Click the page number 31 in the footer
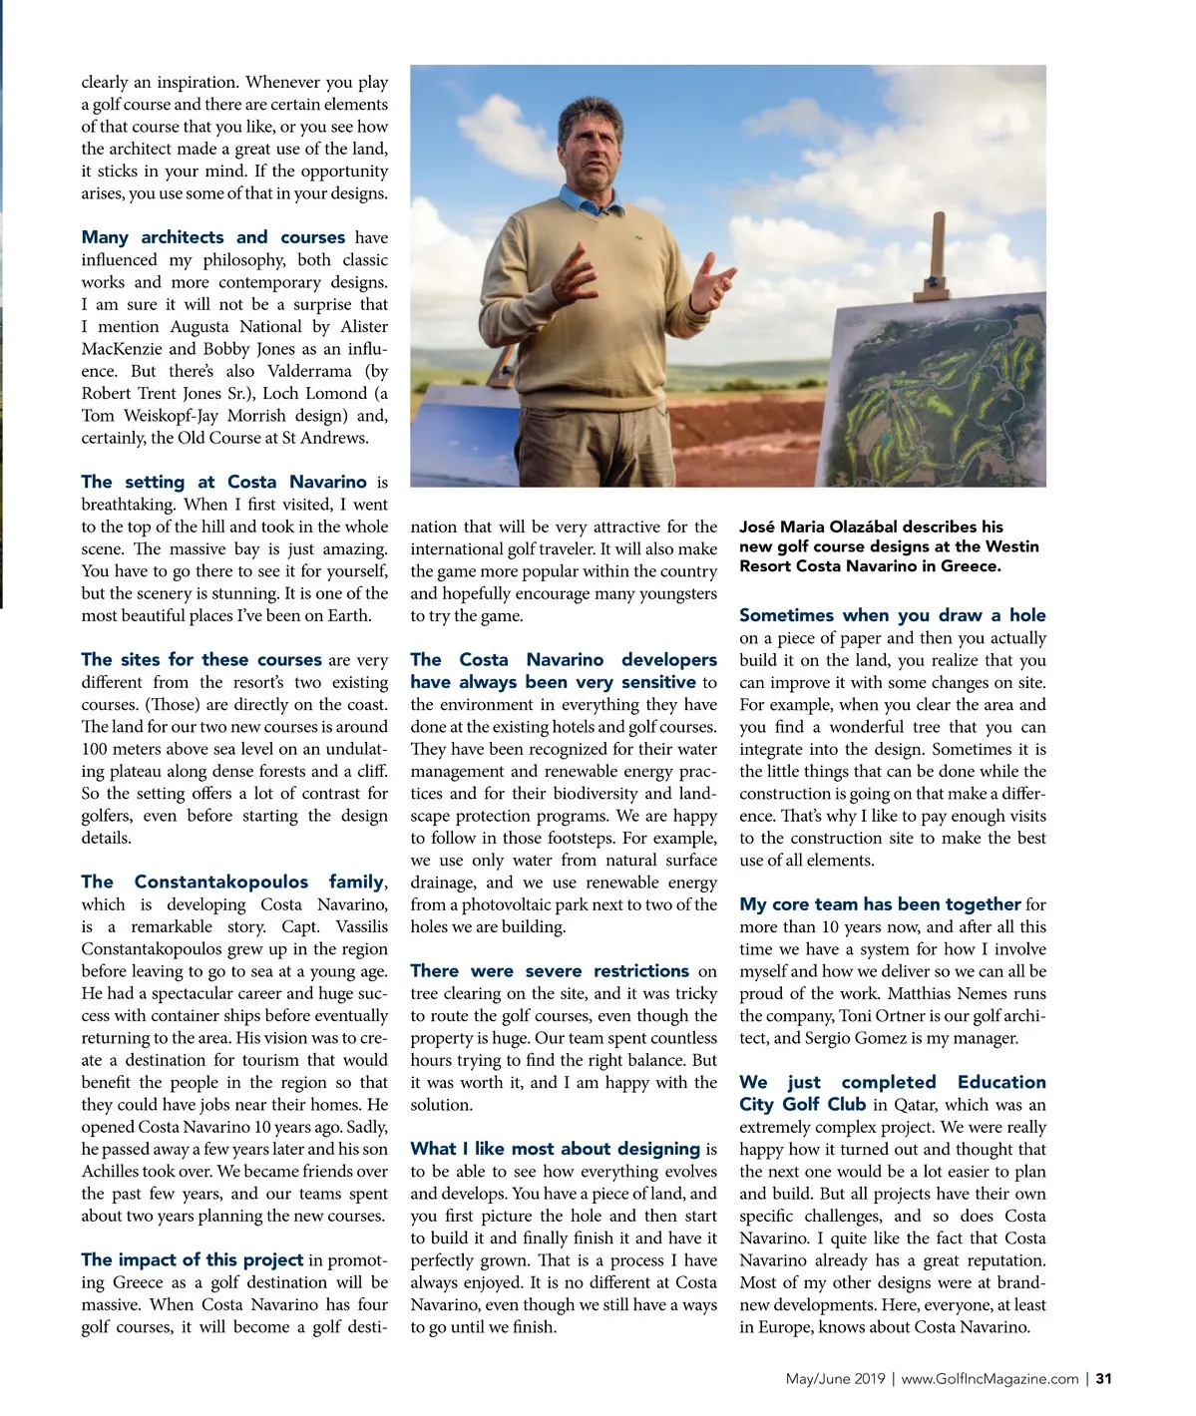click(x=1103, y=1379)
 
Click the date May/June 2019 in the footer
click(x=835, y=1379)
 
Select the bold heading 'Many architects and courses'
click(x=212, y=237)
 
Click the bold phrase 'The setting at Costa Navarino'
click(x=223, y=482)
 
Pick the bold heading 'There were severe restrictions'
click(x=549, y=970)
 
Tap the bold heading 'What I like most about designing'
click(x=555, y=1148)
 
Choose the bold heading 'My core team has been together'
click(x=880, y=904)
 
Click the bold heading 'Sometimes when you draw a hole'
click(x=892, y=615)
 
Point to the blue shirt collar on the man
click(x=589, y=202)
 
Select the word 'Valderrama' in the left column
click(x=309, y=371)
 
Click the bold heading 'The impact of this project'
click(x=192, y=1259)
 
